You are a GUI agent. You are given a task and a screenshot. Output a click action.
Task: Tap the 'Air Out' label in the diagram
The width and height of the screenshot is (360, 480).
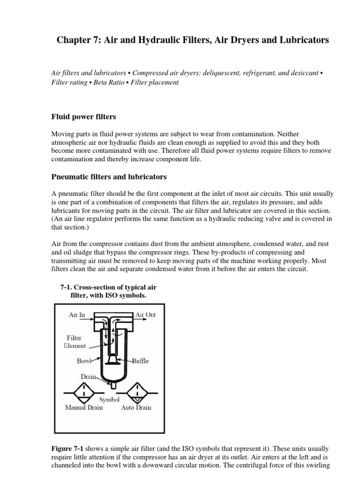point(145,315)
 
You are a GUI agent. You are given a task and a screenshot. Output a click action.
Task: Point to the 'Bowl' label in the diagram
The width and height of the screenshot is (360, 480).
point(85,361)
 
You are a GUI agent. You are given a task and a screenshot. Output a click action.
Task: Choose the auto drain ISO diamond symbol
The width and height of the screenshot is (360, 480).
point(136,390)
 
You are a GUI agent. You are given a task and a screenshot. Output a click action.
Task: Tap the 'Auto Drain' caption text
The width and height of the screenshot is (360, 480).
point(136,407)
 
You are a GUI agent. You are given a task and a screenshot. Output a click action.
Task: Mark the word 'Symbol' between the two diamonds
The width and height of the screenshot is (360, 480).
point(110,399)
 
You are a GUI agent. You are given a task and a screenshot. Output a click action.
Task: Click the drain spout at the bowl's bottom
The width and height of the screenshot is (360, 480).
point(112,385)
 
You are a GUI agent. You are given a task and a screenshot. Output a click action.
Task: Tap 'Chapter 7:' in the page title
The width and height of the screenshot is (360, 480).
point(75,40)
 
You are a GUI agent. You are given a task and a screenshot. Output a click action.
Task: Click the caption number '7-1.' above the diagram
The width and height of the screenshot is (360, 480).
point(68,287)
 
